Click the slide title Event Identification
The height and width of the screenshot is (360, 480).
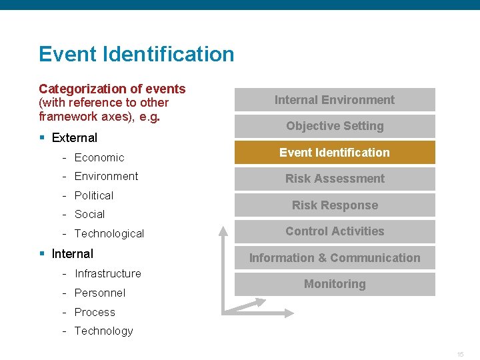(x=137, y=54)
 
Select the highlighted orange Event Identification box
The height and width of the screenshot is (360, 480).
(x=335, y=153)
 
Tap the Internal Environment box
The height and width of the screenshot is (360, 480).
(x=335, y=100)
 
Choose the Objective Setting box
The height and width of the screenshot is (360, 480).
(x=335, y=126)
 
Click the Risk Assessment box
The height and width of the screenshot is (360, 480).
(x=335, y=179)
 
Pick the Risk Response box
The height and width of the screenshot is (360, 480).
(x=335, y=205)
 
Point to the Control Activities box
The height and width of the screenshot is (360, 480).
(x=335, y=231)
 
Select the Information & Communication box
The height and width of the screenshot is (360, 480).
(x=335, y=258)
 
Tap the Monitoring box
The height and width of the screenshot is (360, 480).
(x=335, y=284)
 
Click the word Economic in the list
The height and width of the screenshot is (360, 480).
(x=99, y=157)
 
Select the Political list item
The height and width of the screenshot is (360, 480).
(x=94, y=195)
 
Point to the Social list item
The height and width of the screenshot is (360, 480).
(x=89, y=214)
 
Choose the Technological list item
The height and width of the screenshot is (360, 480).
(x=109, y=233)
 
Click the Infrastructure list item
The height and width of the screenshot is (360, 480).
(x=108, y=273)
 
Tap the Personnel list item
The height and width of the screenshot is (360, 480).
(x=100, y=293)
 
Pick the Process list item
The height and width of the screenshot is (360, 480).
(x=95, y=312)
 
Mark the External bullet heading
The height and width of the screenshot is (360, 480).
(x=74, y=138)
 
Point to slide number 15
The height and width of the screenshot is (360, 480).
(x=460, y=354)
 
